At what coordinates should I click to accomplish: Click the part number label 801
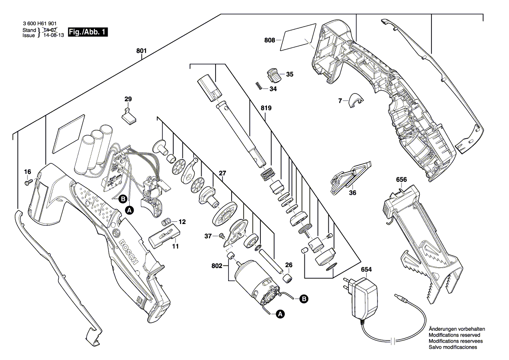point(141,51)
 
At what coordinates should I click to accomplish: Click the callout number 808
point(270,41)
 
